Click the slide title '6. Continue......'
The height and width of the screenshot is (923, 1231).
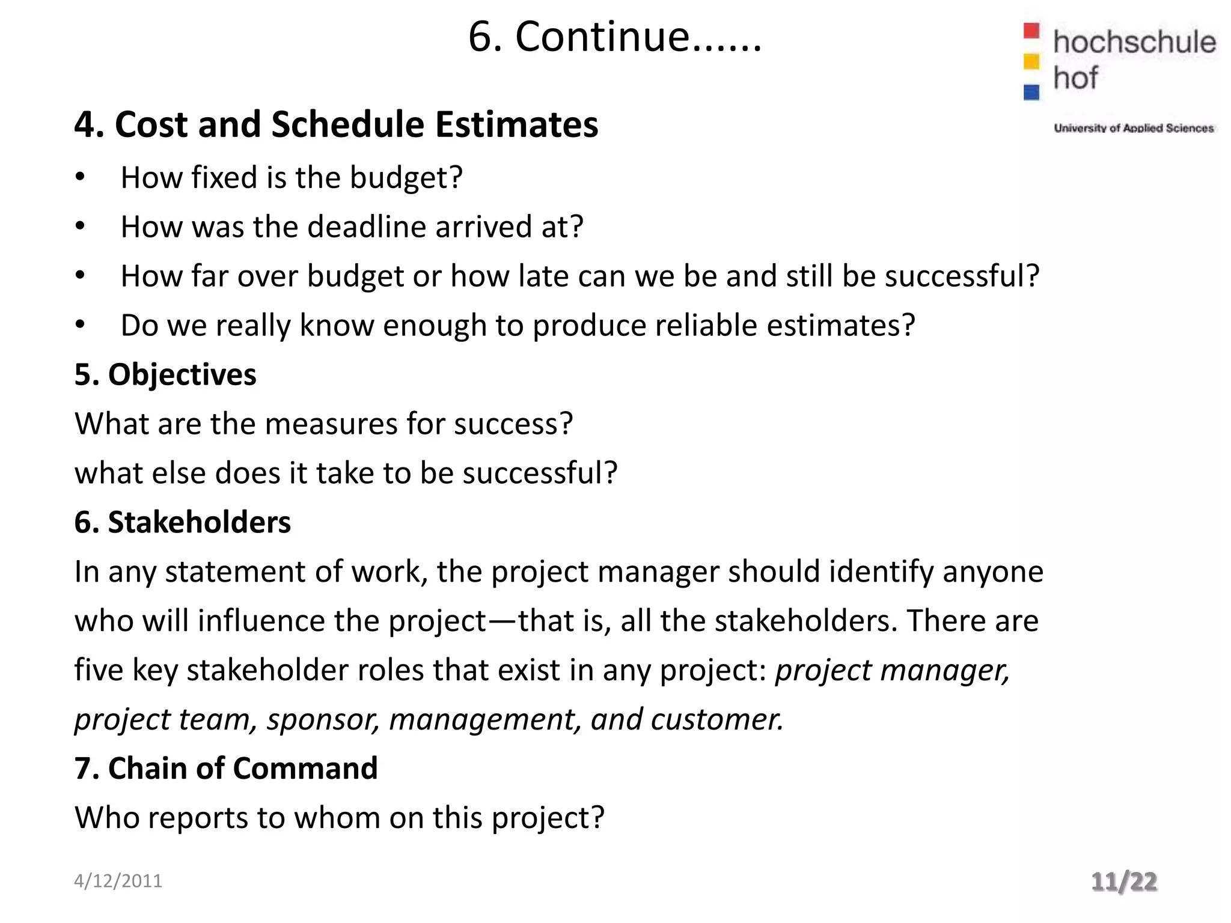click(x=614, y=37)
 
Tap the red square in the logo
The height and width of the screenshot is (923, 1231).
click(x=1031, y=31)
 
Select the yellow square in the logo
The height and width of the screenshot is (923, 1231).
click(x=1031, y=61)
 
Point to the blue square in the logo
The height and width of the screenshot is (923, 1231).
click(x=1031, y=92)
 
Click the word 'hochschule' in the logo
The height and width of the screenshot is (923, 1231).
click(x=1134, y=42)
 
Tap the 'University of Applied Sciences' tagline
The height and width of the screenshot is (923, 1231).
click(x=1134, y=128)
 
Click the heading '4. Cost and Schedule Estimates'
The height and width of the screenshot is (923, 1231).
click(x=336, y=124)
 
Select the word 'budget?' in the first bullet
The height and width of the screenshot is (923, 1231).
click(x=406, y=178)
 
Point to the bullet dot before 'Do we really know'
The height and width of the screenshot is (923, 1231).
click(x=81, y=325)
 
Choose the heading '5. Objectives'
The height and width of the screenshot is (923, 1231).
click(x=165, y=374)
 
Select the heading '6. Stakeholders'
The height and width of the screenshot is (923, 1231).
click(x=182, y=522)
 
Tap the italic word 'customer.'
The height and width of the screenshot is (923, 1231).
click(x=717, y=719)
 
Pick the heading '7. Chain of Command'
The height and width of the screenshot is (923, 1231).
click(x=226, y=769)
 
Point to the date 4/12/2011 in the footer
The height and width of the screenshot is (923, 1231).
click(x=118, y=881)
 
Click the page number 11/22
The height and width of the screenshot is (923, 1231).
click(x=1124, y=882)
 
